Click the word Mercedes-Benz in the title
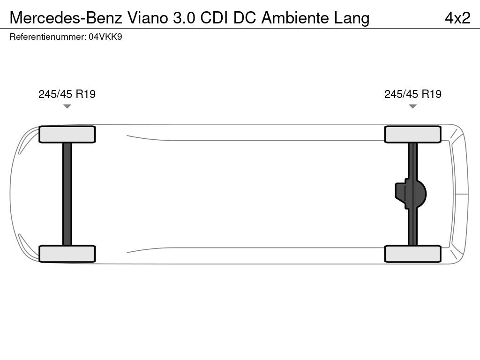point(66,18)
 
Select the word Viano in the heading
point(148,18)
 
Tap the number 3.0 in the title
point(184,18)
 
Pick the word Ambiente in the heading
point(295,18)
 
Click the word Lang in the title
point(352,18)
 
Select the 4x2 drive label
point(457,18)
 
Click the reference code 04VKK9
point(105,37)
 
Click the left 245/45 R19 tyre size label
point(67,94)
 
